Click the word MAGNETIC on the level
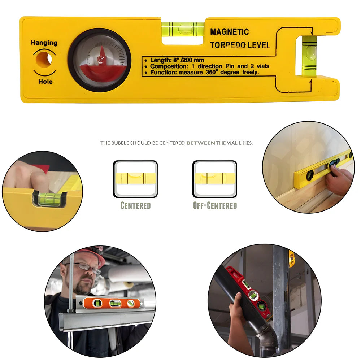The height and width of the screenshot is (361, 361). click(229, 32)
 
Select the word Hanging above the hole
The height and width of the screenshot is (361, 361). click(44, 43)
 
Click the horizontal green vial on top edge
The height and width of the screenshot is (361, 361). click(183, 27)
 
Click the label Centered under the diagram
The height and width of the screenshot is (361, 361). click(135, 206)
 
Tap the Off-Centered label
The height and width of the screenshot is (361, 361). click(215, 206)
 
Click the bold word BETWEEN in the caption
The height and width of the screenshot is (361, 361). click(200, 143)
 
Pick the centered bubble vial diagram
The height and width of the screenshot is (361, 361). click(135, 179)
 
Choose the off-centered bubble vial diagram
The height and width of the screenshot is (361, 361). click(215, 179)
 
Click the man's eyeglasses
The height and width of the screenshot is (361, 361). click(87, 268)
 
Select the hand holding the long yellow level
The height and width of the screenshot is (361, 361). click(339, 180)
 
